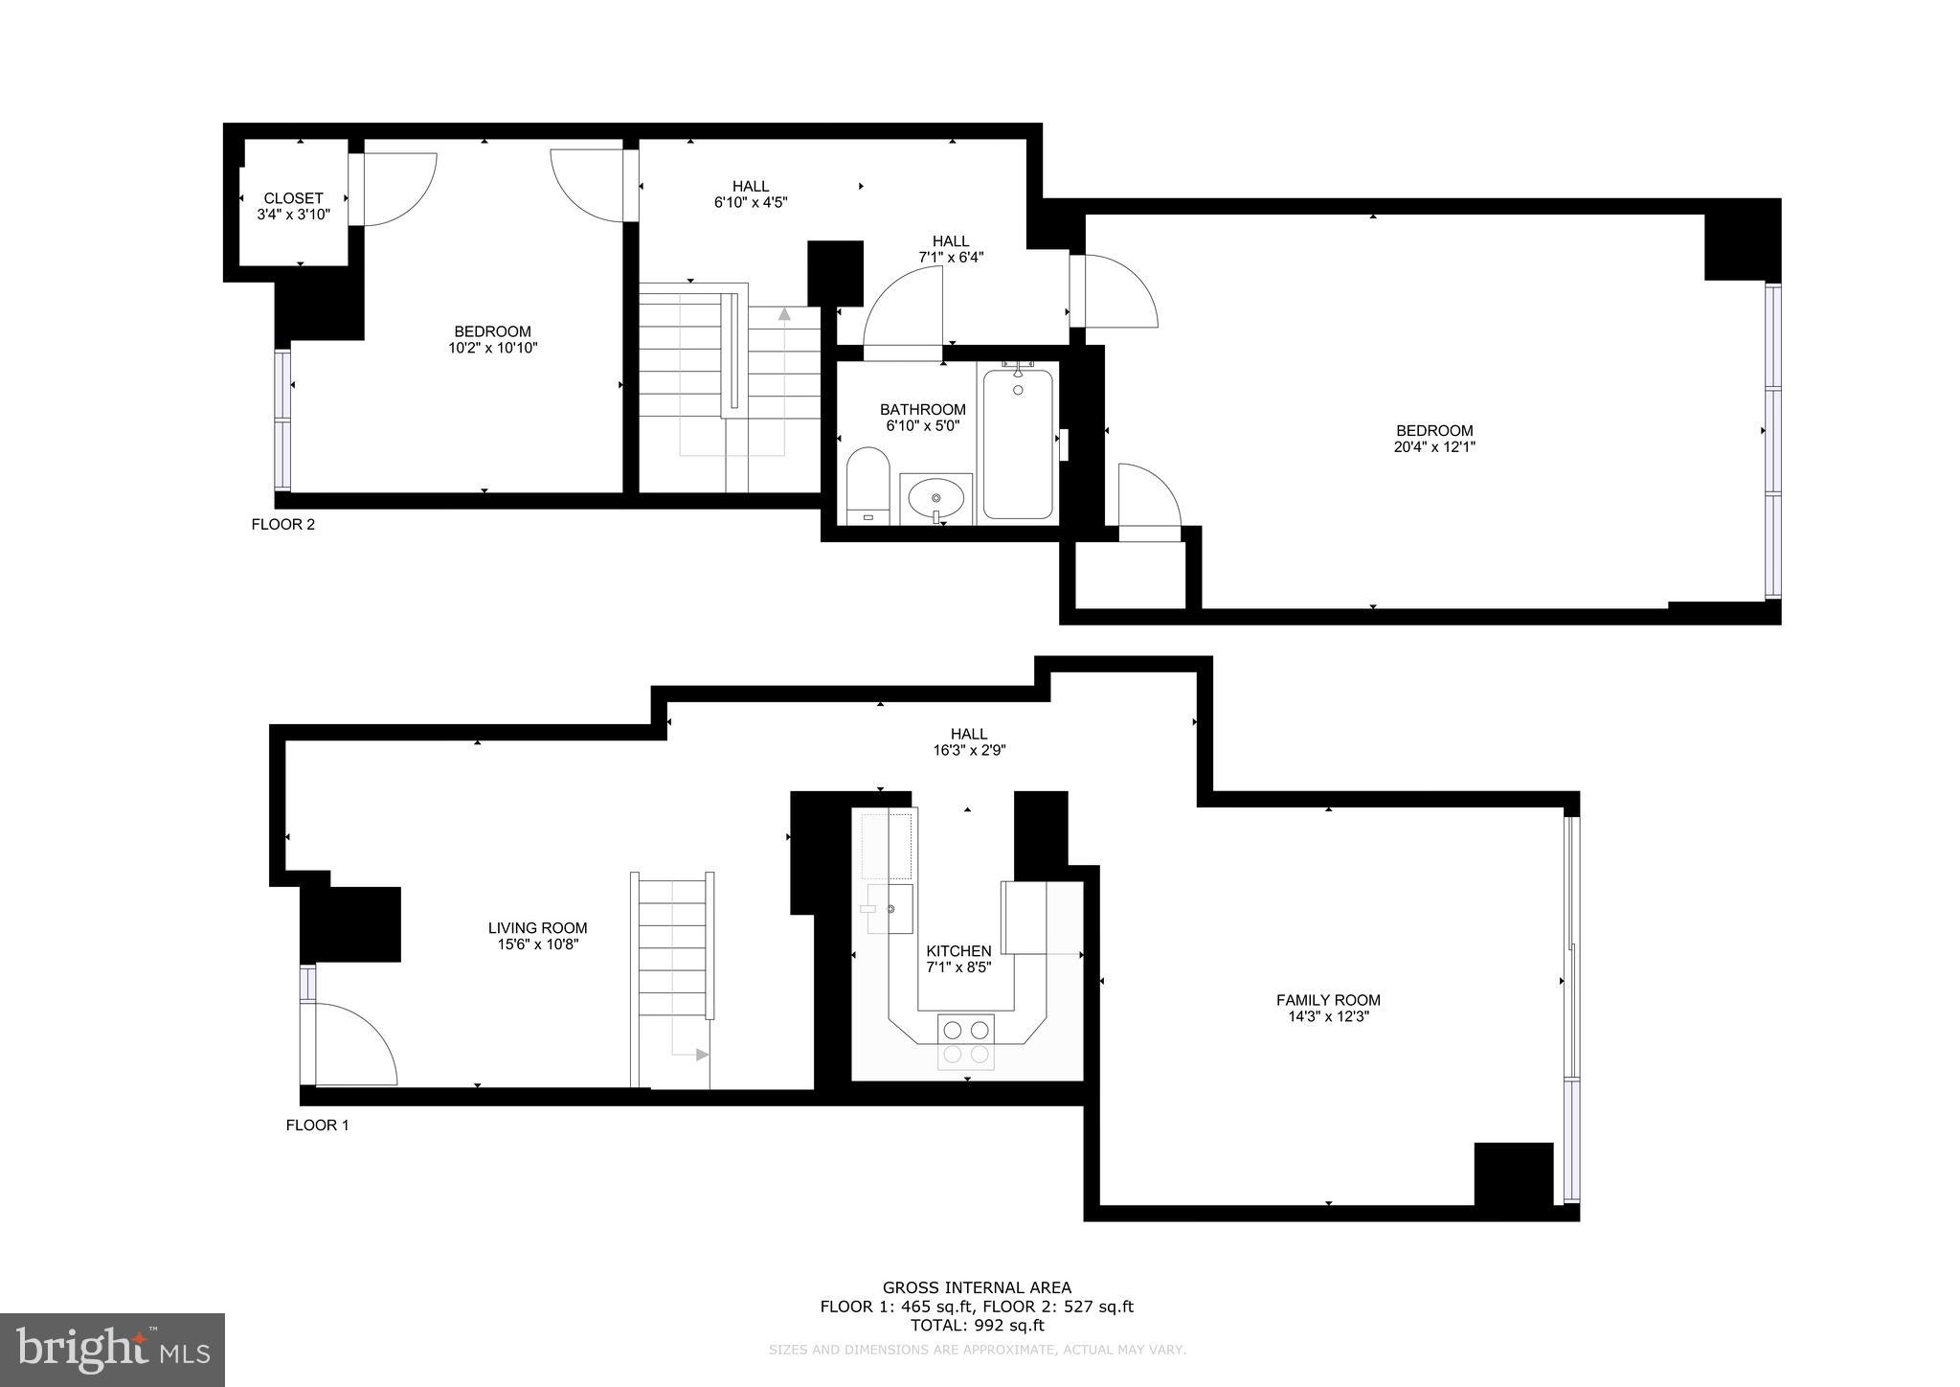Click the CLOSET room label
tap(293, 198)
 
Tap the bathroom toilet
tap(868, 484)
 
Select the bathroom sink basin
tap(935, 498)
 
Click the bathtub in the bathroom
tap(1017, 445)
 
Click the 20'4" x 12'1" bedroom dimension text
tap(1433, 446)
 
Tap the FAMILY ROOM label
tap(1328, 1000)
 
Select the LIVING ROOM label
tap(537, 927)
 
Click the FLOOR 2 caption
tap(282, 524)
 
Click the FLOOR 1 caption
tap(317, 1125)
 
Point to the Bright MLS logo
tap(112, 1350)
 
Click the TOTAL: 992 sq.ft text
tap(977, 1326)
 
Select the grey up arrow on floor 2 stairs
tap(784, 313)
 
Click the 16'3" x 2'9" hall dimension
tap(969, 751)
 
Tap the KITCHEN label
tap(958, 951)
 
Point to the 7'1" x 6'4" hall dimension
tap(951, 257)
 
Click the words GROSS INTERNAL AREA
tap(977, 1287)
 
